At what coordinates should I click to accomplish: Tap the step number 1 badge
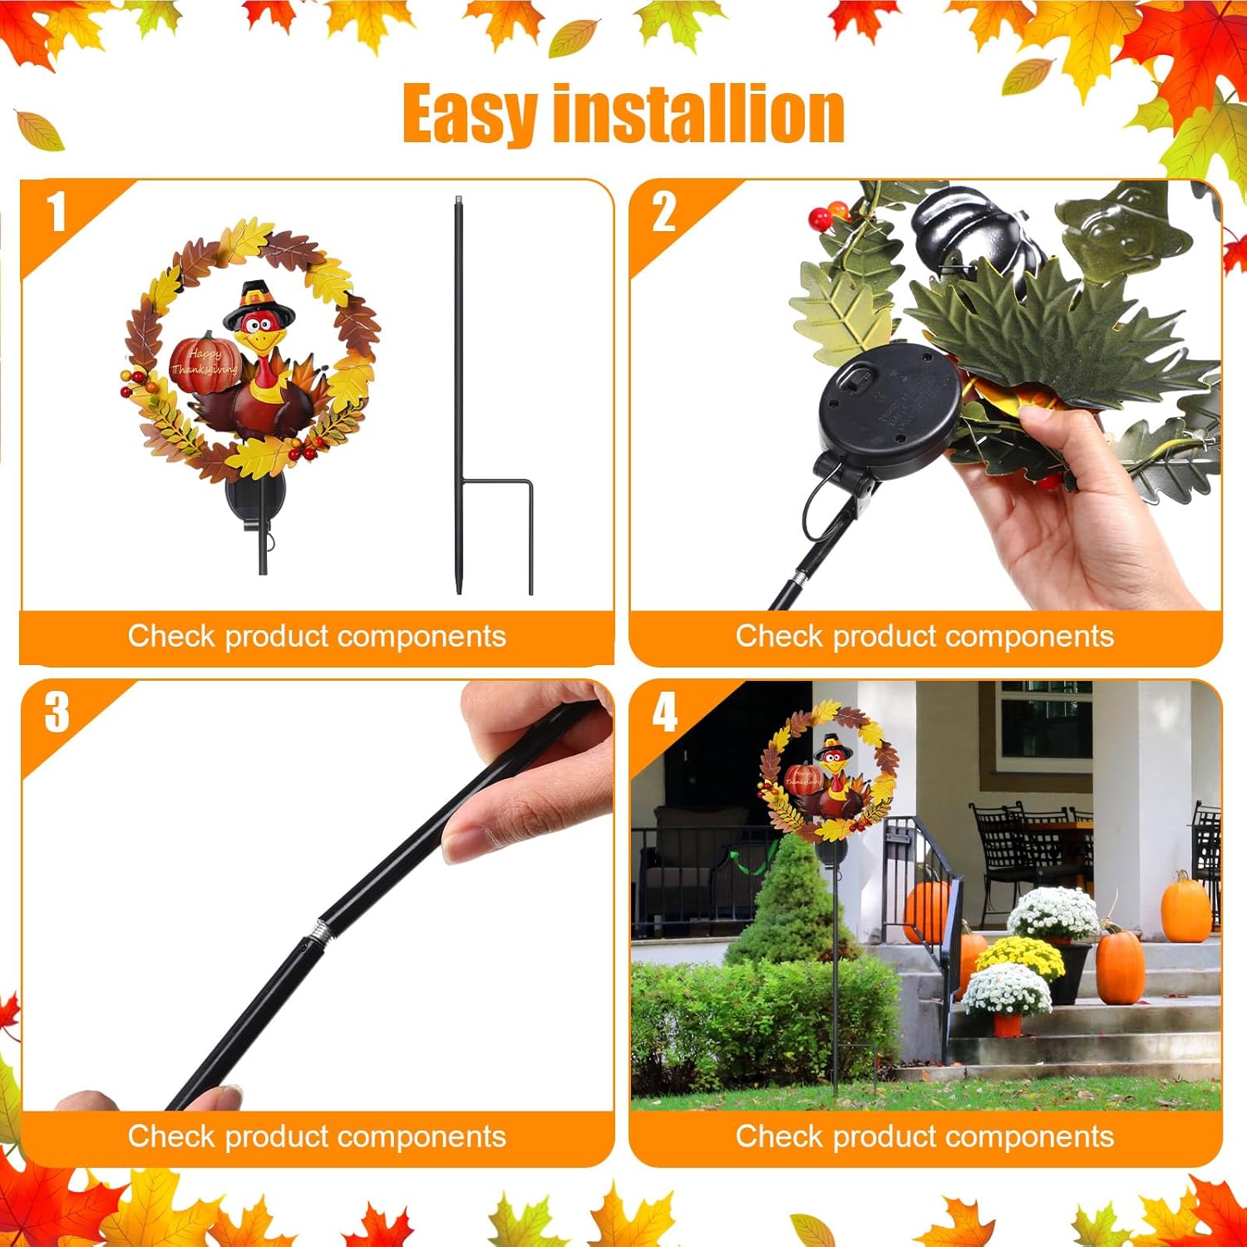[x=57, y=212]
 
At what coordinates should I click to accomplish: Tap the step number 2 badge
[x=663, y=212]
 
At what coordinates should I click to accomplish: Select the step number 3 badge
[x=57, y=712]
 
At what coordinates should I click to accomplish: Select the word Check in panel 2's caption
[x=778, y=636]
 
